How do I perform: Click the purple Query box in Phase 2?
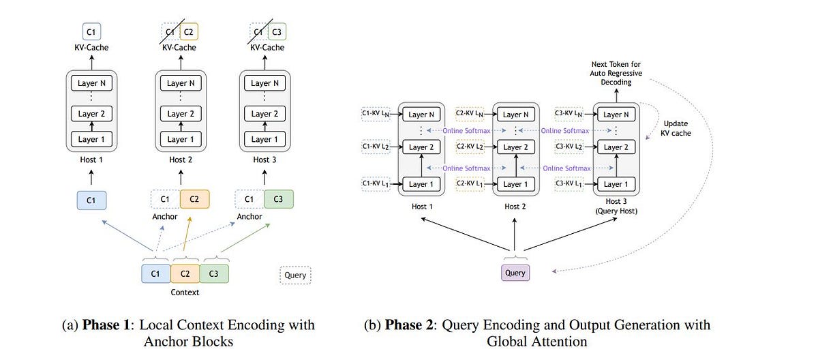click(515, 273)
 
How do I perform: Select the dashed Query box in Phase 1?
click(294, 275)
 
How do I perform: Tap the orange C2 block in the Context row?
click(185, 273)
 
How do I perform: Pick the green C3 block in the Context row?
click(214, 273)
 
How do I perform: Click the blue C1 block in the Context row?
click(155, 273)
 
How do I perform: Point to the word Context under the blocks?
click(185, 292)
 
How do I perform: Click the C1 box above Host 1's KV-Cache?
click(91, 31)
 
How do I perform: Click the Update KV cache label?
click(676, 128)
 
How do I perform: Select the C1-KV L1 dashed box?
click(376, 183)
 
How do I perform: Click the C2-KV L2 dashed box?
click(472, 147)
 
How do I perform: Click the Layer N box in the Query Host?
click(616, 115)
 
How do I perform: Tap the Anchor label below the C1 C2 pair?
click(164, 217)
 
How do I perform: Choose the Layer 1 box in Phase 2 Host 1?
click(421, 184)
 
